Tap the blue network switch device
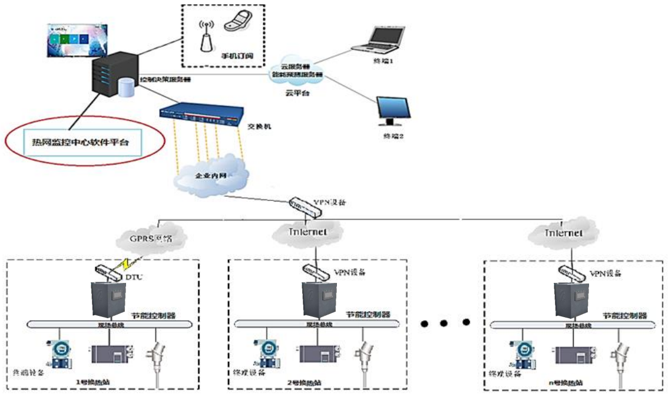[x=201, y=113]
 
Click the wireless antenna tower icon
[x=206, y=36]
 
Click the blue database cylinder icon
[x=126, y=88]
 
